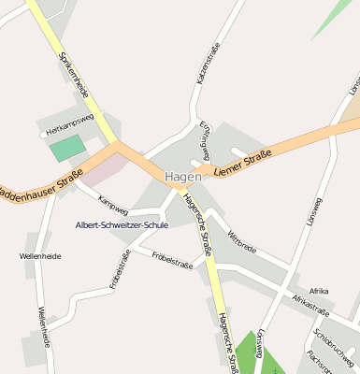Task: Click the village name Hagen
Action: tap(183, 176)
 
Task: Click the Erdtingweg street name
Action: tap(204, 140)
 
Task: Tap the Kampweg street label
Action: tap(113, 202)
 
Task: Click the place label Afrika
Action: tap(319, 291)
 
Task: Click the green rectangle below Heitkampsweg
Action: tap(66, 148)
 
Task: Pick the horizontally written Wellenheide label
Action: tap(39, 255)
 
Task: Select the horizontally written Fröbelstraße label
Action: tap(171, 266)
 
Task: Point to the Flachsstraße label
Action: tap(320, 363)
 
